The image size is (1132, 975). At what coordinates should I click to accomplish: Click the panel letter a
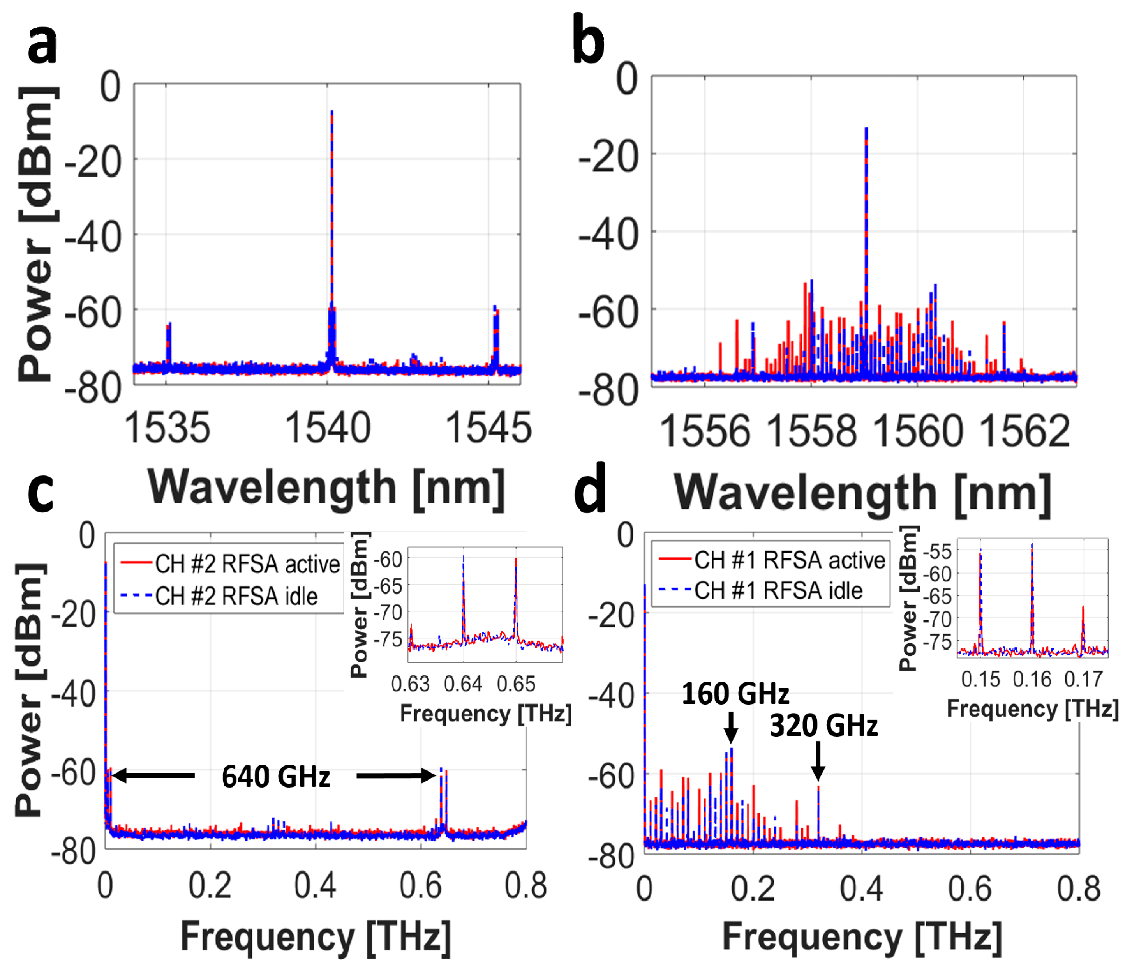[42, 46]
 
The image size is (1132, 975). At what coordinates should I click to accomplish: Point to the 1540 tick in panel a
[328, 428]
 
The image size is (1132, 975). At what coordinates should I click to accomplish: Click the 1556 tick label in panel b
[705, 432]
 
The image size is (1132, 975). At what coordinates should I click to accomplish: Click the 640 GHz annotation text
[276, 777]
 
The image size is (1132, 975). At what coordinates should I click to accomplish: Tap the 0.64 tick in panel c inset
[463, 684]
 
